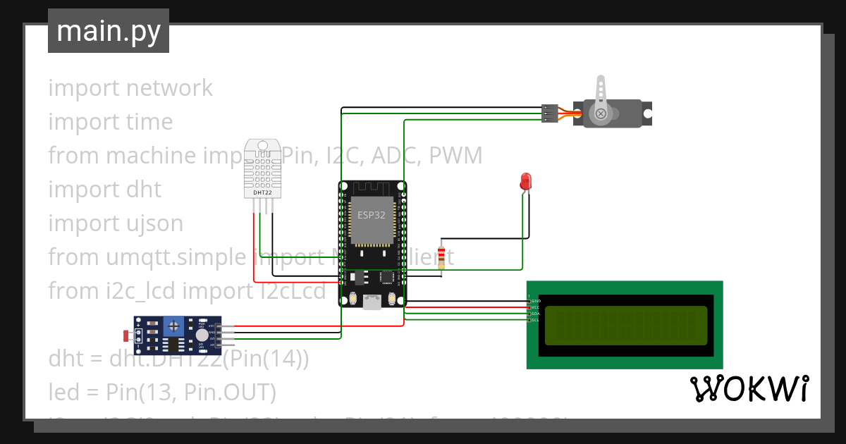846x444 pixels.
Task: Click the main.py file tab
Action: [108, 31]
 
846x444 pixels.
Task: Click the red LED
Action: [525, 180]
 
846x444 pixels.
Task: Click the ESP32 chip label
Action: [372, 216]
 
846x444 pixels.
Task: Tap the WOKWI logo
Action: [749, 388]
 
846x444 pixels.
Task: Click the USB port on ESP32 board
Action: [372, 302]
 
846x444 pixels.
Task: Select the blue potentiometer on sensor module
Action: [173, 326]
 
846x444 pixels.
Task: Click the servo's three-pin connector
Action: [549, 113]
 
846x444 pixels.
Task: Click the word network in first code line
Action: [169, 88]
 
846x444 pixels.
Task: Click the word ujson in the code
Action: [149, 223]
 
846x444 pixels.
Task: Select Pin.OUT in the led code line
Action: [230, 392]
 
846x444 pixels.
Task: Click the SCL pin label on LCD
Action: [535, 320]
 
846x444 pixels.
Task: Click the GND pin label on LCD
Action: [535, 301]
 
